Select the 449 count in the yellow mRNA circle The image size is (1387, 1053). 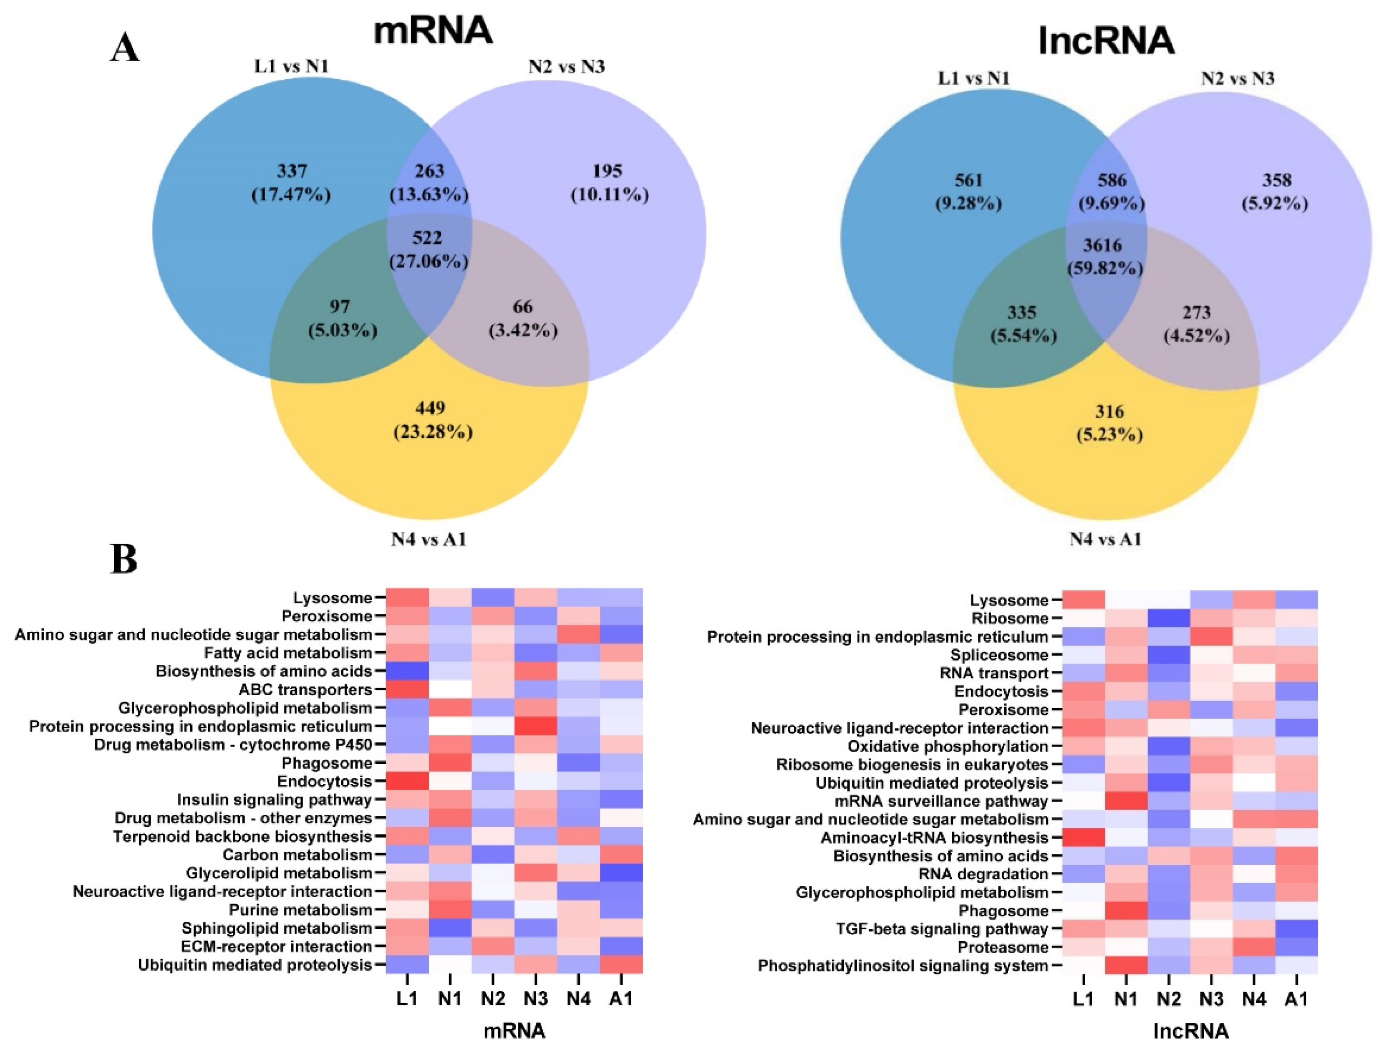tap(430, 408)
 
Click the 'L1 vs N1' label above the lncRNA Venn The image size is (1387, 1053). tap(974, 78)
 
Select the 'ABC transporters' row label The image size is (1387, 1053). tap(305, 690)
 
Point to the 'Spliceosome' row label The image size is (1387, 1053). tap(999, 655)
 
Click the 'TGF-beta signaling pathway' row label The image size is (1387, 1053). tap(942, 929)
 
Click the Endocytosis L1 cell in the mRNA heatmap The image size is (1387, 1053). tap(408, 781)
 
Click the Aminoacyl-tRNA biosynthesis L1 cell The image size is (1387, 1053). tap(1083, 838)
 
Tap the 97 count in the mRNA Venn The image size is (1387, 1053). tap(340, 307)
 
